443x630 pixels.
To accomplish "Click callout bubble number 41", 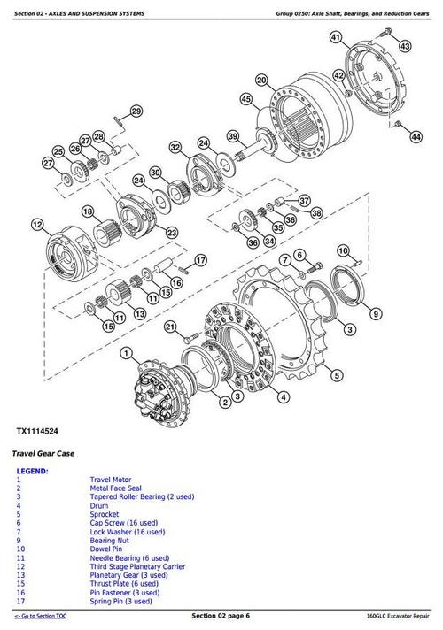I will (335, 37).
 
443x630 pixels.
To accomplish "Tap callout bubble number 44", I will (416, 137).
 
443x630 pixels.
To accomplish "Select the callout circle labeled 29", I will (136, 111).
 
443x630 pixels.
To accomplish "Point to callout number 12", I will (36, 226).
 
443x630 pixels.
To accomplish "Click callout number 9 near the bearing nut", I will (376, 312).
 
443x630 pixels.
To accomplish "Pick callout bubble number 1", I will (126, 354).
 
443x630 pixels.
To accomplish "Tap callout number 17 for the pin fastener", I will (200, 260).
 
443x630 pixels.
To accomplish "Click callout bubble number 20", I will (261, 81).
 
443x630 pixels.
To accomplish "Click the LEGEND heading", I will (33, 472).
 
